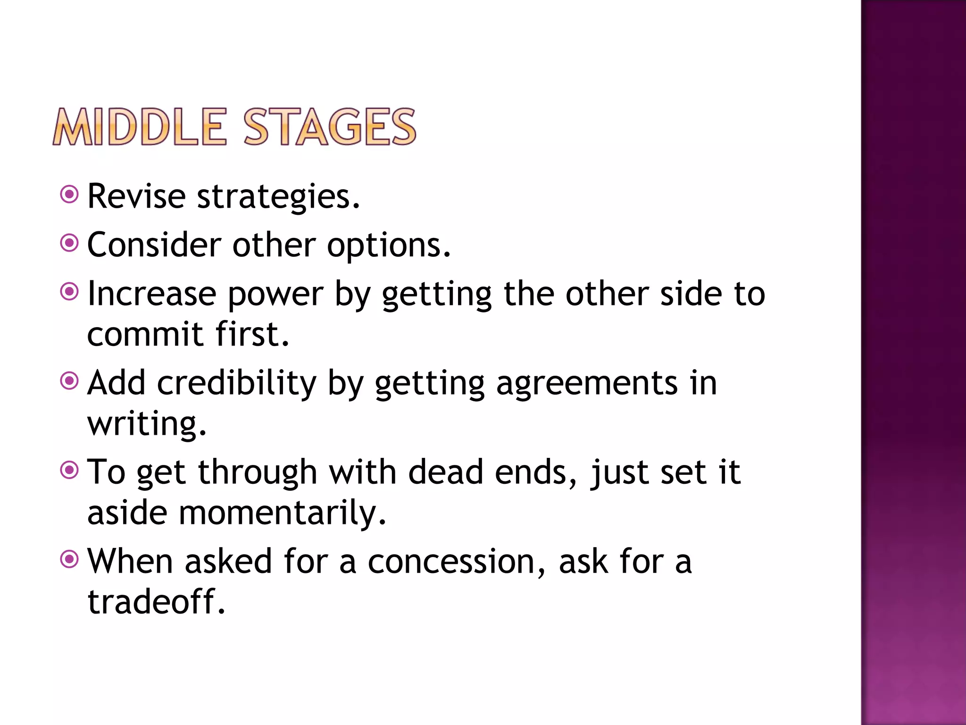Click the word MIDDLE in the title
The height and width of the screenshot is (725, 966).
pos(140,126)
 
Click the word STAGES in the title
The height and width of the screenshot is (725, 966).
pos(330,126)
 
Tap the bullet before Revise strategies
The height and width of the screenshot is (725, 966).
pos(69,194)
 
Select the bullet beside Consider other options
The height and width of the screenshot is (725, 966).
pos(69,243)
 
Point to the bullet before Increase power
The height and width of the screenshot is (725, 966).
pos(69,292)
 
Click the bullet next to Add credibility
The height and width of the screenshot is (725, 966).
pos(69,380)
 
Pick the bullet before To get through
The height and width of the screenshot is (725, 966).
pos(69,470)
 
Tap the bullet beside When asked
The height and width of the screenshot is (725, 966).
pos(69,559)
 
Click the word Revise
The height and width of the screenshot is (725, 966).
pos(137,196)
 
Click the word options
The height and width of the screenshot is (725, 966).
pos(389,246)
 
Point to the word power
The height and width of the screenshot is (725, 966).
pos(275,295)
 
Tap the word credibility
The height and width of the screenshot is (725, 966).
pos(236,383)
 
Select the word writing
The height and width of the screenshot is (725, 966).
pos(147,424)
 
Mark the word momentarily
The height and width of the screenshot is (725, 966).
pos(282,514)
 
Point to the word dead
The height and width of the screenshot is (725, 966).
pos(446,472)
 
